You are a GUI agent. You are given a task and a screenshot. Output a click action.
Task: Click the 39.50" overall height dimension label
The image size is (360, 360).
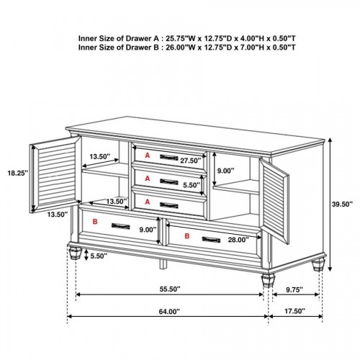pyautogui.click(x=342, y=204)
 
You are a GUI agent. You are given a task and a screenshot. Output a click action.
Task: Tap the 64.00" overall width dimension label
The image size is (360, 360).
pyautogui.click(x=169, y=312)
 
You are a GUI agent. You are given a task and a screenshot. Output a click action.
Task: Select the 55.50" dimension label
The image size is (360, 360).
pyautogui.click(x=170, y=289)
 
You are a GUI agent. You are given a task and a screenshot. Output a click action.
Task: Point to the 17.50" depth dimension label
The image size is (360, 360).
pyautogui.click(x=294, y=311)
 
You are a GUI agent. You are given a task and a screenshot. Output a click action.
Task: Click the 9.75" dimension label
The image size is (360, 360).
pyautogui.click(x=294, y=289)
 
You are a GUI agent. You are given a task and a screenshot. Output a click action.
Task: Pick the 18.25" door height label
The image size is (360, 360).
pyautogui.click(x=18, y=173)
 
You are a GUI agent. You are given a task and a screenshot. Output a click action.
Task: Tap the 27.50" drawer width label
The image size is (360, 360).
pyautogui.click(x=191, y=161)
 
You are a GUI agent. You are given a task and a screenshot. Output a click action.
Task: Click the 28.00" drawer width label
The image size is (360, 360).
pyautogui.click(x=238, y=240)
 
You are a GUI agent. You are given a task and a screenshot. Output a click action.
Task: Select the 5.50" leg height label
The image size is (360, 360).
pyautogui.click(x=99, y=256)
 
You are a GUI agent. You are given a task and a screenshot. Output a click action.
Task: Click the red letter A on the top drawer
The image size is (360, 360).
pyautogui.click(x=148, y=156)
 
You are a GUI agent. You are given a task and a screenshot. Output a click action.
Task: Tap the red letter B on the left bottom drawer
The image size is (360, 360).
pyautogui.click(x=95, y=222)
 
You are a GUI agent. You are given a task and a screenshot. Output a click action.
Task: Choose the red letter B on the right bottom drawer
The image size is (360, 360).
pyautogui.click(x=187, y=236)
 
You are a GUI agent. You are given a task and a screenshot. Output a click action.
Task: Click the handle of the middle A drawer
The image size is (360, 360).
pyautogui.click(x=169, y=181)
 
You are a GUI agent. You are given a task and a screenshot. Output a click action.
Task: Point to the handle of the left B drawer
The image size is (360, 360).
pyautogui.click(x=121, y=226)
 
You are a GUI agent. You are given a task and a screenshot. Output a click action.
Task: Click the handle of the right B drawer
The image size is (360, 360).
pyautogui.click(x=211, y=239)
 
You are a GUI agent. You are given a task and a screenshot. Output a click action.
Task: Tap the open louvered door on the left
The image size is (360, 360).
pyautogui.click(x=55, y=174)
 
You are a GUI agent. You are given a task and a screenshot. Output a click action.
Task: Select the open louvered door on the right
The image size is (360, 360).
pyautogui.click(x=274, y=200)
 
